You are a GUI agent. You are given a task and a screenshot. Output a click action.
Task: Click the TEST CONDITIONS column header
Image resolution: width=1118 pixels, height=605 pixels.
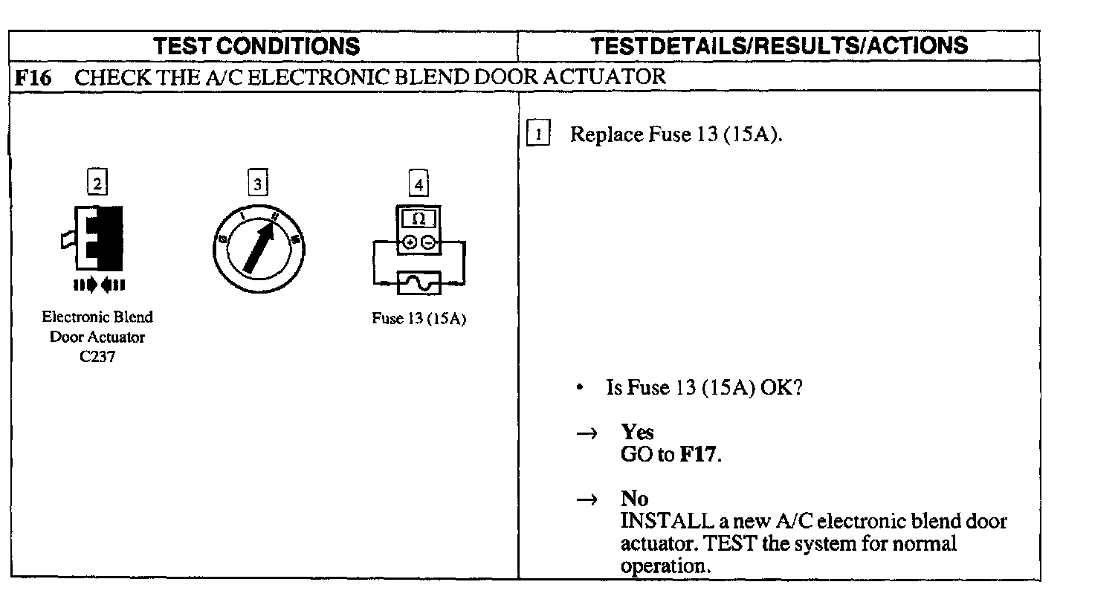pos(256,46)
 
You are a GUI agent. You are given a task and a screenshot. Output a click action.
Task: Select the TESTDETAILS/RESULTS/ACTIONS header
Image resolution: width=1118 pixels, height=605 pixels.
pos(779,45)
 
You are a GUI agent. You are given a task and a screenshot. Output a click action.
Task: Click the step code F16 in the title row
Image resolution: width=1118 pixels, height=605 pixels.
pos(33,77)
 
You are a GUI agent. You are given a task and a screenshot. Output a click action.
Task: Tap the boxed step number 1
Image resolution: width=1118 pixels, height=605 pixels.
pos(538,135)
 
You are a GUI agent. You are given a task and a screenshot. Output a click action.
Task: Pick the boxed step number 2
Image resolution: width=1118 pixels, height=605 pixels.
pos(97,182)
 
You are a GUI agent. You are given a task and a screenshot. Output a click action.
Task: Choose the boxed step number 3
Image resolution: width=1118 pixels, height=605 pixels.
pos(257,183)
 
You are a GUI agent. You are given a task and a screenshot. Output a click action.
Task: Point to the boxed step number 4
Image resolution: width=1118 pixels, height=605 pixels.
pos(419,184)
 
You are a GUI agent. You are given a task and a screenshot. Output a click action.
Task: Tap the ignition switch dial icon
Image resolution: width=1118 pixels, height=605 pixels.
pos(257,248)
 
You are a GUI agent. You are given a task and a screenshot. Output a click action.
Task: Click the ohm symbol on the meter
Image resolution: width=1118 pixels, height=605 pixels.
pos(419,219)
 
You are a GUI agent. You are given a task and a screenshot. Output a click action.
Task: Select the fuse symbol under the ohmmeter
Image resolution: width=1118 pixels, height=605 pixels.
pos(419,283)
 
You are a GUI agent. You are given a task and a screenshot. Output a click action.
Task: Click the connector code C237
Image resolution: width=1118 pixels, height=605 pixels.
pos(97,357)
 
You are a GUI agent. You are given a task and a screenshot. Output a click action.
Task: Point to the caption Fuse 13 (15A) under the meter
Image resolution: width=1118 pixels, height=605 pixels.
pos(419,319)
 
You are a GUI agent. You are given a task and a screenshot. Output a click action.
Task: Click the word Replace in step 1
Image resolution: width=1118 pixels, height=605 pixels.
pos(606,135)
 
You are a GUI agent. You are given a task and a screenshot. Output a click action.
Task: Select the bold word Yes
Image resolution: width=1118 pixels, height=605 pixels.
pos(637,432)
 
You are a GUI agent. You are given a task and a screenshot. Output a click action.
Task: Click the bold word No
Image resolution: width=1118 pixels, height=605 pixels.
pos(634,498)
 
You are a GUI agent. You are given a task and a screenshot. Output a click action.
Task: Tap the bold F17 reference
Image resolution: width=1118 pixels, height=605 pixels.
pos(699,454)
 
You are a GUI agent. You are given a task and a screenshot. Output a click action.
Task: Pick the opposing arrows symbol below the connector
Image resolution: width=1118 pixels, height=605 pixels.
pos(98,285)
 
